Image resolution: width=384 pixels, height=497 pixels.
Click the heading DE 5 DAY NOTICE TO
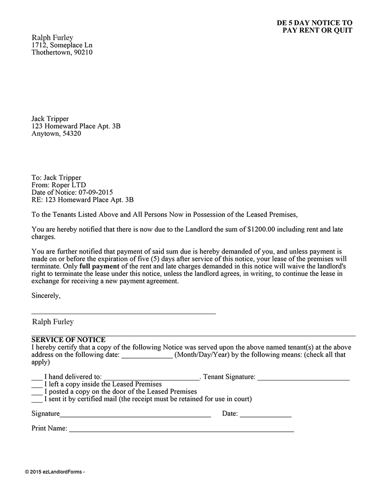pyautogui.click(x=314, y=23)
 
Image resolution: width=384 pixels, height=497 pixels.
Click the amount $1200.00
pyautogui.click(x=261, y=229)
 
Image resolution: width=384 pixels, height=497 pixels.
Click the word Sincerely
pyautogui.click(x=46, y=296)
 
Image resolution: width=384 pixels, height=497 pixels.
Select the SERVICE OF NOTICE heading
pyautogui.click(x=68, y=340)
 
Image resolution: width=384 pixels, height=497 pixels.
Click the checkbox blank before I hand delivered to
pyautogui.click(x=37, y=378)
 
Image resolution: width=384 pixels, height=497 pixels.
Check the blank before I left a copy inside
pyautogui.click(x=37, y=386)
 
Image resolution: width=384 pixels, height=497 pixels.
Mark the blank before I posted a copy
pyautogui.click(x=37, y=393)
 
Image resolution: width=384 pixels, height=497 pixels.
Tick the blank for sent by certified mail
pyautogui.click(x=37, y=401)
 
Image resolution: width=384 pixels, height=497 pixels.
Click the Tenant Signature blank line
pyautogui.click(x=303, y=378)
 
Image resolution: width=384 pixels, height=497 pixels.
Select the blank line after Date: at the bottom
pyautogui.click(x=265, y=415)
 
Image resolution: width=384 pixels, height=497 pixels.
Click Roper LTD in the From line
pyautogui.click(x=69, y=185)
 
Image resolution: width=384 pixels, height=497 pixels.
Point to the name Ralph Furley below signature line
pyautogui.click(x=53, y=322)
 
